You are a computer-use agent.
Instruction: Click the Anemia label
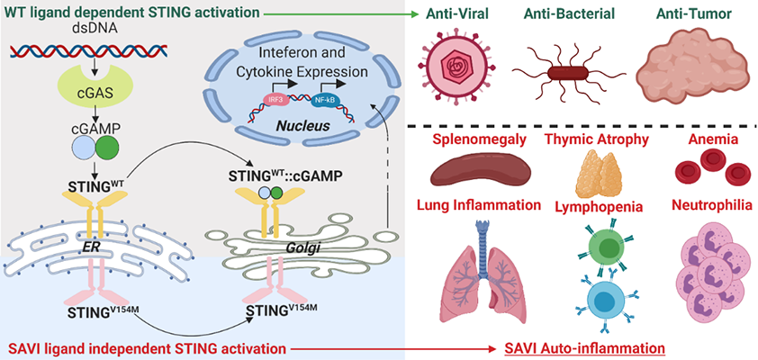point(699,139)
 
